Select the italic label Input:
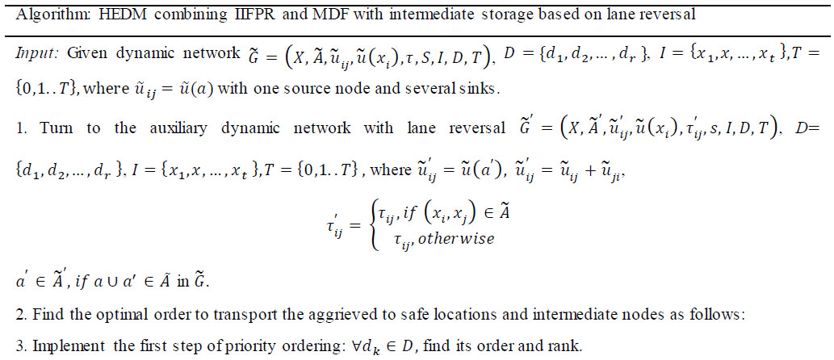click(x=36, y=55)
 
